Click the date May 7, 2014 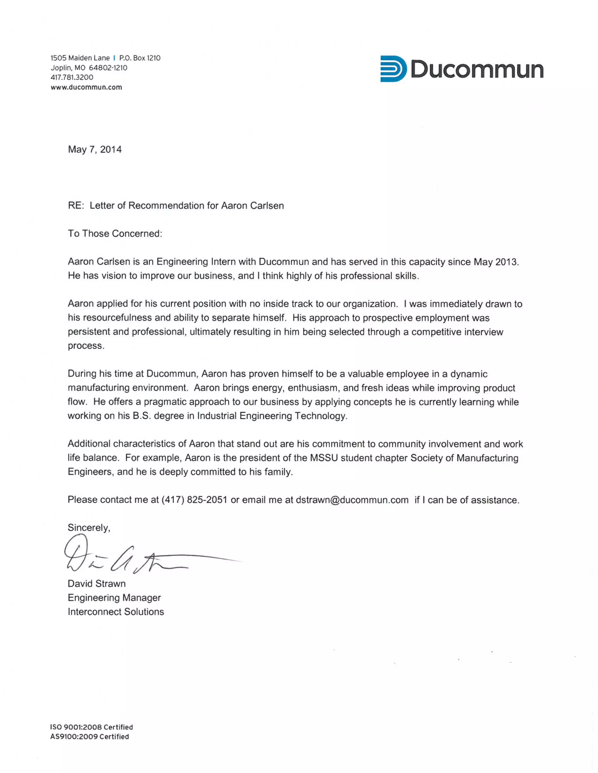95,149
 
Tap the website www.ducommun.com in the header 86,87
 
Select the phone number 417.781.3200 72,77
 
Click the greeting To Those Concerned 115,234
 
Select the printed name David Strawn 96,584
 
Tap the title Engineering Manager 114,598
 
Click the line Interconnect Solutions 116,612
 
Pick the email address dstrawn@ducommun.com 352,500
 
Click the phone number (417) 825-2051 194,500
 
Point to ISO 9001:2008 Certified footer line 91,727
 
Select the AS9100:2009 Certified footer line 90,737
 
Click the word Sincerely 88,528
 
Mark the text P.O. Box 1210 140,58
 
